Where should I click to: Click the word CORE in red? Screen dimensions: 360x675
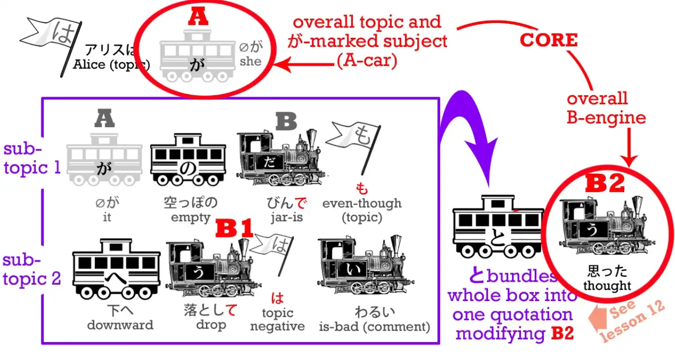(x=548, y=40)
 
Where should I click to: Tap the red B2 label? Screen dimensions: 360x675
(x=605, y=184)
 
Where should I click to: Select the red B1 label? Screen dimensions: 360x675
(x=234, y=229)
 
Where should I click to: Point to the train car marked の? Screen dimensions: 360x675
(x=188, y=159)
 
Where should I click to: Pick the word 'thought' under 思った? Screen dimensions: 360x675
(x=607, y=286)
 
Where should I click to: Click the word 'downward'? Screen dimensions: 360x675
(x=120, y=325)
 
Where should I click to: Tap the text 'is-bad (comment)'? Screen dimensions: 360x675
(x=375, y=327)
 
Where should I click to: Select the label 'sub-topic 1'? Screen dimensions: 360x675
(x=31, y=159)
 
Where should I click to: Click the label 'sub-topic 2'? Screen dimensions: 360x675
(x=31, y=269)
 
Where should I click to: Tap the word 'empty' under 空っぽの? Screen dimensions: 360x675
(x=191, y=217)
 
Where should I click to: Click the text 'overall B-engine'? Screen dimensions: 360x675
(x=606, y=108)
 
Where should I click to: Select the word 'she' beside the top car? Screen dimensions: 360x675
(x=250, y=61)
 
